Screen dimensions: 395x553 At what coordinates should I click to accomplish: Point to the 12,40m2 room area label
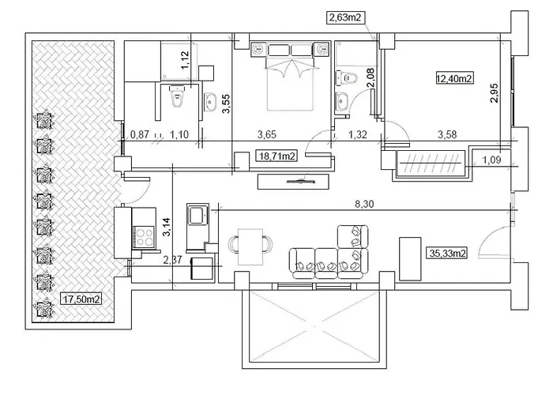point(454,77)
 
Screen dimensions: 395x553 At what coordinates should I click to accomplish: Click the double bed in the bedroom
point(291,77)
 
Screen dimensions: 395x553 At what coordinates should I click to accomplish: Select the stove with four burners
point(145,235)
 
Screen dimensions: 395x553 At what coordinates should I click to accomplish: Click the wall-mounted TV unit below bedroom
point(292,180)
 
